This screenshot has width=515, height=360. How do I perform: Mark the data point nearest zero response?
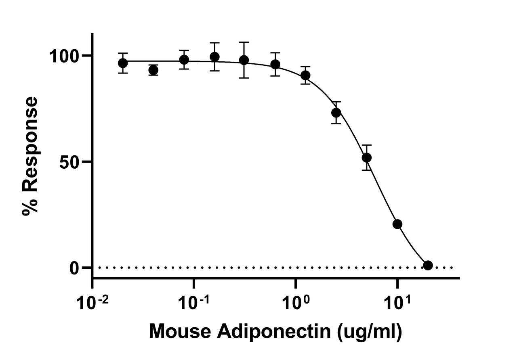428,265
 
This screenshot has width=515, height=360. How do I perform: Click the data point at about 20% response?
397,224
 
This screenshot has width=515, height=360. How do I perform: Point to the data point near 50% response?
367,157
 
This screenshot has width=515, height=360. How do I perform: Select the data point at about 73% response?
336,113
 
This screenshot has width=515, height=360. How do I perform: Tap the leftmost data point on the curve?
123,63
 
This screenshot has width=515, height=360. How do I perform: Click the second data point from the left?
153,70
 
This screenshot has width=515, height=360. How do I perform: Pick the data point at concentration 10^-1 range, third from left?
184,60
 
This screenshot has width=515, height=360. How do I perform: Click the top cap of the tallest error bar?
244,42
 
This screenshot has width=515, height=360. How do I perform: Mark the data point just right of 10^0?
305,75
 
